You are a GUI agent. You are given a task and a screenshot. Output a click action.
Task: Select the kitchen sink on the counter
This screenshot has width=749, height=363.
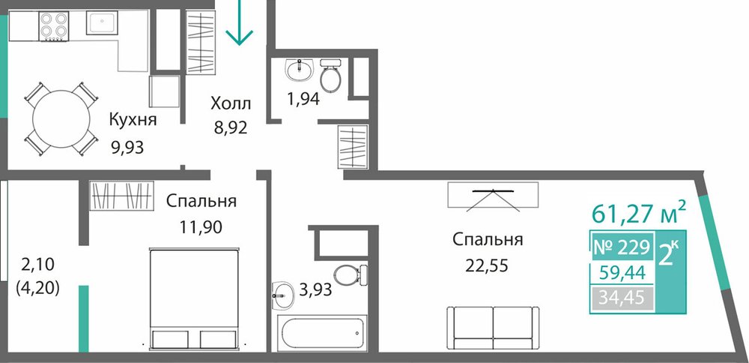(x=101, y=22)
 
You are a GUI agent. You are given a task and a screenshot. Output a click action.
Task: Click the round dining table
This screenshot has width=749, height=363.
(x=61, y=118)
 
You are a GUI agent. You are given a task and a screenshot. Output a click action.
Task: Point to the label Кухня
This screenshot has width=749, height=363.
(x=133, y=119)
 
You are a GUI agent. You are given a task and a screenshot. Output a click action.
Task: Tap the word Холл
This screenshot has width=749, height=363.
(x=231, y=103)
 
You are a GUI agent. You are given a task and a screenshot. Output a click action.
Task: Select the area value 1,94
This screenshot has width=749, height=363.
(x=303, y=99)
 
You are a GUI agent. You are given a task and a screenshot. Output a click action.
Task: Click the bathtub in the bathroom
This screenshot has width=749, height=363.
(x=324, y=333)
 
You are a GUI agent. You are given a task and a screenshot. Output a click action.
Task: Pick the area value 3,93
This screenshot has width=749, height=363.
(x=315, y=289)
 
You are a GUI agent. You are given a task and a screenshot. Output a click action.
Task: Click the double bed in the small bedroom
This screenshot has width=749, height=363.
(x=193, y=298)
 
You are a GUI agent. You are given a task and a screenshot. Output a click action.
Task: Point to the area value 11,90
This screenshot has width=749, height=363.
(x=201, y=226)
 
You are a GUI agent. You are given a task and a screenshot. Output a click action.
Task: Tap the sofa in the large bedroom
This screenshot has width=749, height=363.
(x=494, y=328)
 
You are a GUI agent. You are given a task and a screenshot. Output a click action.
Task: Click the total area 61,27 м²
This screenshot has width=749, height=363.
(x=639, y=212)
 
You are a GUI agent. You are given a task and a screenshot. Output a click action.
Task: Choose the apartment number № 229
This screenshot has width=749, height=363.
(x=622, y=247)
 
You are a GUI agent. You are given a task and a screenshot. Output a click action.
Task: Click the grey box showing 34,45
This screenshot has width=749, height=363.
(x=622, y=298)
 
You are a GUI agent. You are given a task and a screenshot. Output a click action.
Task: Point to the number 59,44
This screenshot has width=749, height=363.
(x=622, y=272)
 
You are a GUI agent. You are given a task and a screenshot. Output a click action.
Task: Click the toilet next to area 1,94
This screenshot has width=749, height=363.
(x=330, y=76)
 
